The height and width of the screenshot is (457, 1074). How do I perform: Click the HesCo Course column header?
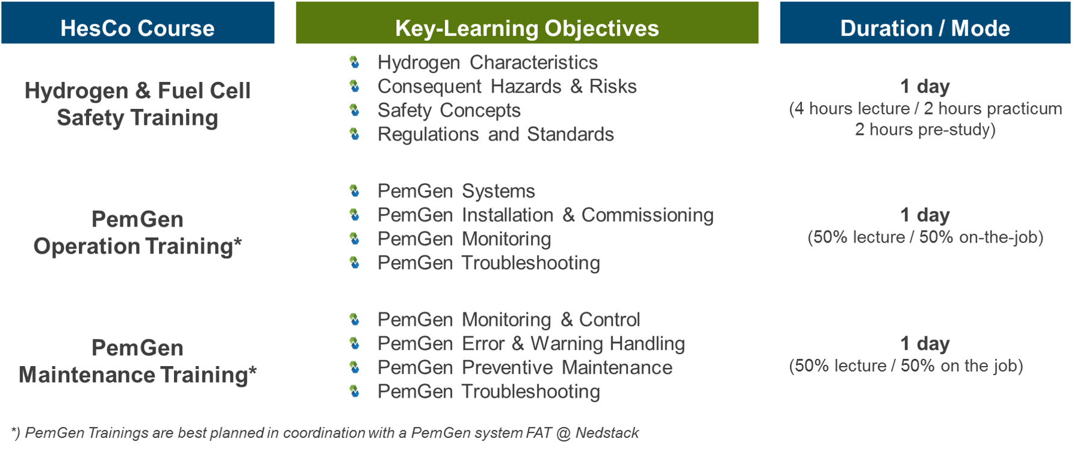coord(137,23)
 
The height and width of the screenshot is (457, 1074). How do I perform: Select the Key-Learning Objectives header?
coord(527,23)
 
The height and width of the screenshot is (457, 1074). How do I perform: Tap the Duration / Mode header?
coord(925,23)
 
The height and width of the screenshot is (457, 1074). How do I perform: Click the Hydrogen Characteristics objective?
coord(488,63)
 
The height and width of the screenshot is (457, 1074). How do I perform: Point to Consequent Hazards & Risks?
coord(507,87)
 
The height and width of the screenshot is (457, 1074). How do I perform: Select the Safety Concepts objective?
coord(449,111)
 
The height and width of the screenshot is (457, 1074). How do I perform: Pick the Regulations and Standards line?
coord(495,134)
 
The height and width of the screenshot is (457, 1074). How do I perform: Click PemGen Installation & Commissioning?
coord(545,215)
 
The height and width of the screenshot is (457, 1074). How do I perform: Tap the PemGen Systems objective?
coord(456,191)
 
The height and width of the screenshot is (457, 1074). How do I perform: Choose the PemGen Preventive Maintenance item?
coord(525,368)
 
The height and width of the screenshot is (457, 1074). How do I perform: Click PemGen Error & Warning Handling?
coord(531,344)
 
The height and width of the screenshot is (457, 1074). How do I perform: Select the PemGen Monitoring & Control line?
coord(509,320)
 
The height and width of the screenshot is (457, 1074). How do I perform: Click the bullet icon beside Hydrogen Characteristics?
coord(355,62)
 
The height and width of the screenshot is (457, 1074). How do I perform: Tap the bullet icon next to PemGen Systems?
coord(355,191)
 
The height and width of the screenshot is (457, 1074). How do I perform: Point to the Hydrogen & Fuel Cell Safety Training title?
coord(137,104)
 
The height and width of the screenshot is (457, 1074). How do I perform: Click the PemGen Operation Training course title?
coord(137,233)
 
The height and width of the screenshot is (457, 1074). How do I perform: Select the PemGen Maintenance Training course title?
coord(137,361)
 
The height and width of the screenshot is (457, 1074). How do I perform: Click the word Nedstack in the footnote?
coord(607,433)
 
